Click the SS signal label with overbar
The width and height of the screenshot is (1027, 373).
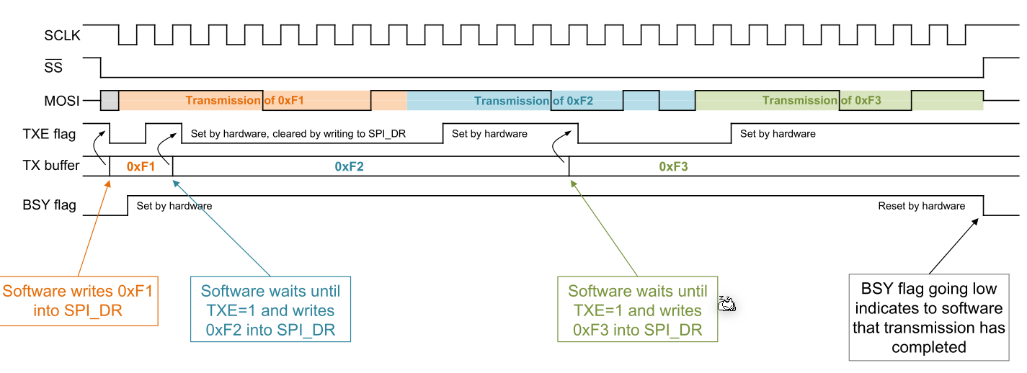click(x=53, y=68)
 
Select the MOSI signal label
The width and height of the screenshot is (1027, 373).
click(x=61, y=101)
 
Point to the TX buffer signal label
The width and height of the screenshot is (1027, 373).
click(x=50, y=166)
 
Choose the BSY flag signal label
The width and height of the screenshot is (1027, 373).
click(x=49, y=205)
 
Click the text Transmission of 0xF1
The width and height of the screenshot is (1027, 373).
click(x=244, y=101)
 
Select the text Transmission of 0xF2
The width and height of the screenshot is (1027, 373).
click(x=533, y=101)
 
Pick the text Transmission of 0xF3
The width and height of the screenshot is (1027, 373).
click(x=822, y=101)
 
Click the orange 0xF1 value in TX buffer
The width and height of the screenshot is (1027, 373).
click(x=141, y=166)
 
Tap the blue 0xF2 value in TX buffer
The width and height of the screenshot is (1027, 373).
click(x=350, y=166)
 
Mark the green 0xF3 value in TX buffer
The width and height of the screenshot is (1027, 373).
click(x=674, y=166)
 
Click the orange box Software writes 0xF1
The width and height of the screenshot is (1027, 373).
click(x=79, y=301)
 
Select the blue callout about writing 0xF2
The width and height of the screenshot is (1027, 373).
click(x=270, y=310)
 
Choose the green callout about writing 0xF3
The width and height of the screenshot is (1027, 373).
click(x=638, y=310)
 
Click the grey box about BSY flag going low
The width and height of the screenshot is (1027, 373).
click(x=928, y=318)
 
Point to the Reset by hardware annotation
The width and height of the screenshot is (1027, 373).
click(x=921, y=206)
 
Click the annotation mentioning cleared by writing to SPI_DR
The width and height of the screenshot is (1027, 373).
click(x=298, y=134)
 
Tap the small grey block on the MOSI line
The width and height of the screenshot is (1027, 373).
click(x=110, y=101)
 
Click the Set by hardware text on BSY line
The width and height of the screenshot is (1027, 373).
click(x=174, y=206)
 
